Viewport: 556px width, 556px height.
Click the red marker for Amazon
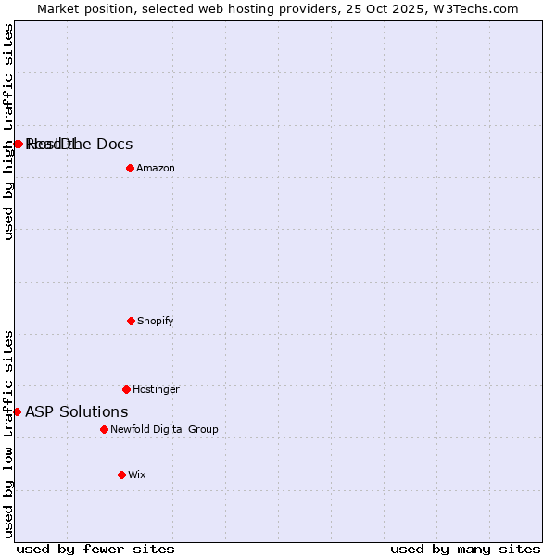[x=130, y=168]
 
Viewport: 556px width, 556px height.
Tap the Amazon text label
[x=156, y=168]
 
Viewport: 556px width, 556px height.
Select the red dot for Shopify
[x=131, y=321]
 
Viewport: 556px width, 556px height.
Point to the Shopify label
[x=156, y=321]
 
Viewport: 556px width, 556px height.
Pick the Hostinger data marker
[x=126, y=389]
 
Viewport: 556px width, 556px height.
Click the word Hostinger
[x=156, y=389]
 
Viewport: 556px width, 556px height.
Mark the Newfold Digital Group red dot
[x=104, y=429]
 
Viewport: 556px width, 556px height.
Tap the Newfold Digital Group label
[x=164, y=429]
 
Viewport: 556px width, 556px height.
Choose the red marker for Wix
[x=121, y=474]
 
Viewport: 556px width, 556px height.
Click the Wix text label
[x=137, y=474]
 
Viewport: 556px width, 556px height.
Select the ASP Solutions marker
[x=17, y=411]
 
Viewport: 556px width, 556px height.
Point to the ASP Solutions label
[x=77, y=411]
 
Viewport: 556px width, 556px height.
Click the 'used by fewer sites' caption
[x=95, y=549]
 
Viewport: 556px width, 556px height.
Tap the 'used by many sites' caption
[x=465, y=549]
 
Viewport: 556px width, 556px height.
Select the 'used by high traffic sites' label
[x=9, y=132]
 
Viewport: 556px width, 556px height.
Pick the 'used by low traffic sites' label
[x=9, y=434]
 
